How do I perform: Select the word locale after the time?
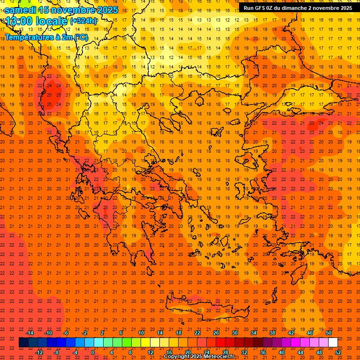click(54, 21)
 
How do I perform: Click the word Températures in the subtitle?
click(28, 37)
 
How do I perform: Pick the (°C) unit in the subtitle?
click(81, 37)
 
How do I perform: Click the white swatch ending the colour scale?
click(333, 343)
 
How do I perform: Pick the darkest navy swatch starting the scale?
click(23, 343)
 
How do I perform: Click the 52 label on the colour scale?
click(337, 352)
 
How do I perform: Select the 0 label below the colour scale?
click(93, 352)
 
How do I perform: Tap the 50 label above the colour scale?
click(329, 333)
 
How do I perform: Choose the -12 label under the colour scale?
click(39, 352)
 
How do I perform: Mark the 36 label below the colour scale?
click(263, 352)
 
